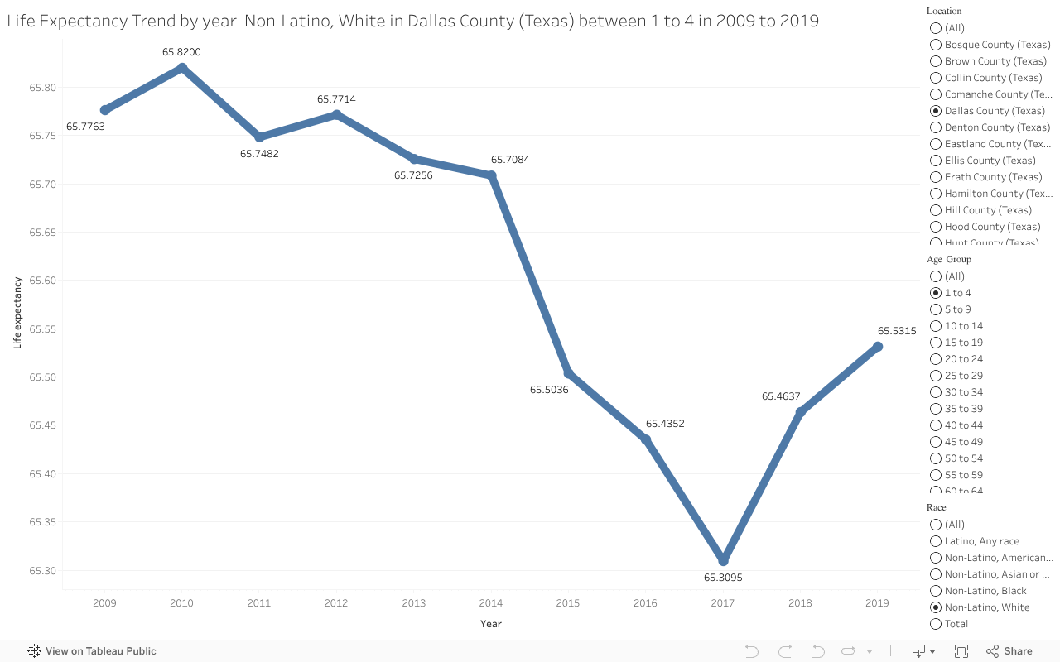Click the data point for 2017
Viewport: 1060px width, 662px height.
pos(723,560)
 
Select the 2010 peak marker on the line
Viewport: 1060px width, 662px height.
pos(182,68)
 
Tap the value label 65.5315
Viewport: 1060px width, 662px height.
pos(897,331)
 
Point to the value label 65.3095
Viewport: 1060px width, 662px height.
pos(723,578)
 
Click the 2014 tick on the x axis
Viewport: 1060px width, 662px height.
pos(491,603)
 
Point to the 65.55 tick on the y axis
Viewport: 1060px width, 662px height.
pos(42,329)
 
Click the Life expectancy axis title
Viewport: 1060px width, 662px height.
pos(17,313)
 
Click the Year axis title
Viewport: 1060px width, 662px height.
pos(491,624)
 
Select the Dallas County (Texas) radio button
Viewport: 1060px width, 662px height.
pos(936,111)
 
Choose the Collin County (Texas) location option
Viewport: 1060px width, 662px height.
pos(936,78)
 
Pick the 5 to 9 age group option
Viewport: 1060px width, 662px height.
pos(936,309)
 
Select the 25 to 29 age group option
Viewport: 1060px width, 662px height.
pos(936,376)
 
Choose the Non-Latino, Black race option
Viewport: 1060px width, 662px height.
pos(936,591)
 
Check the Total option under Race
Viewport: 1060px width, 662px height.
pos(936,624)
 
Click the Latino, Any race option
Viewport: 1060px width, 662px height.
pos(936,541)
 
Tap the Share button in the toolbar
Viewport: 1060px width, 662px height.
pos(1009,651)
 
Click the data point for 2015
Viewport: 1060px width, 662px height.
pos(569,373)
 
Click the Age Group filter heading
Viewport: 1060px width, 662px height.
pos(948,259)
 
